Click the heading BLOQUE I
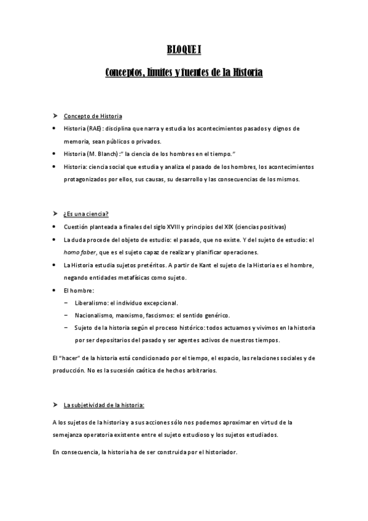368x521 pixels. click(x=184, y=49)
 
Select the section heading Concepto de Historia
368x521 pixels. click(x=93, y=116)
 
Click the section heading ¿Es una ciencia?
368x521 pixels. click(x=86, y=214)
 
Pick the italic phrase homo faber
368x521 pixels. click(x=79, y=253)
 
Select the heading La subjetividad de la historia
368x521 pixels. click(x=104, y=405)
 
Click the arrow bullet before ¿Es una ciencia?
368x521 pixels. click(x=55, y=214)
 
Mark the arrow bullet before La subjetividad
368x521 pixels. click(x=55, y=405)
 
